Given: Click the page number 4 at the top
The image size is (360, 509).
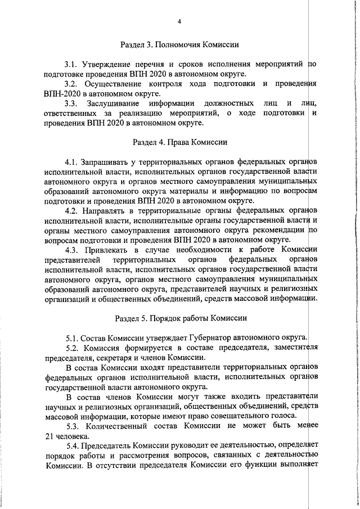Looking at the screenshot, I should [x=179, y=21].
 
